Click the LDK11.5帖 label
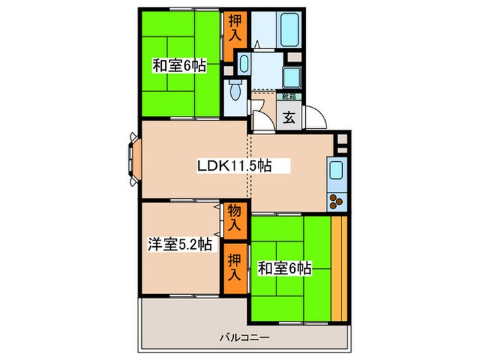click(x=232, y=166)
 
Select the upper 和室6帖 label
click(x=178, y=67)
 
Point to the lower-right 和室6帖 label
click(x=284, y=268)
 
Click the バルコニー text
click(x=244, y=337)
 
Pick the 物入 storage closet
click(x=235, y=217)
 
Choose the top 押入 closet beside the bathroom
click(x=235, y=27)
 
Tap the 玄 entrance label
click(x=289, y=117)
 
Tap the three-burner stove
click(x=337, y=201)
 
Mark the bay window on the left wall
click(x=132, y=160)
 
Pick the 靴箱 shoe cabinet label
click(x=289, y=96)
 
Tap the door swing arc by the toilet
click(x=259, y=114)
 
